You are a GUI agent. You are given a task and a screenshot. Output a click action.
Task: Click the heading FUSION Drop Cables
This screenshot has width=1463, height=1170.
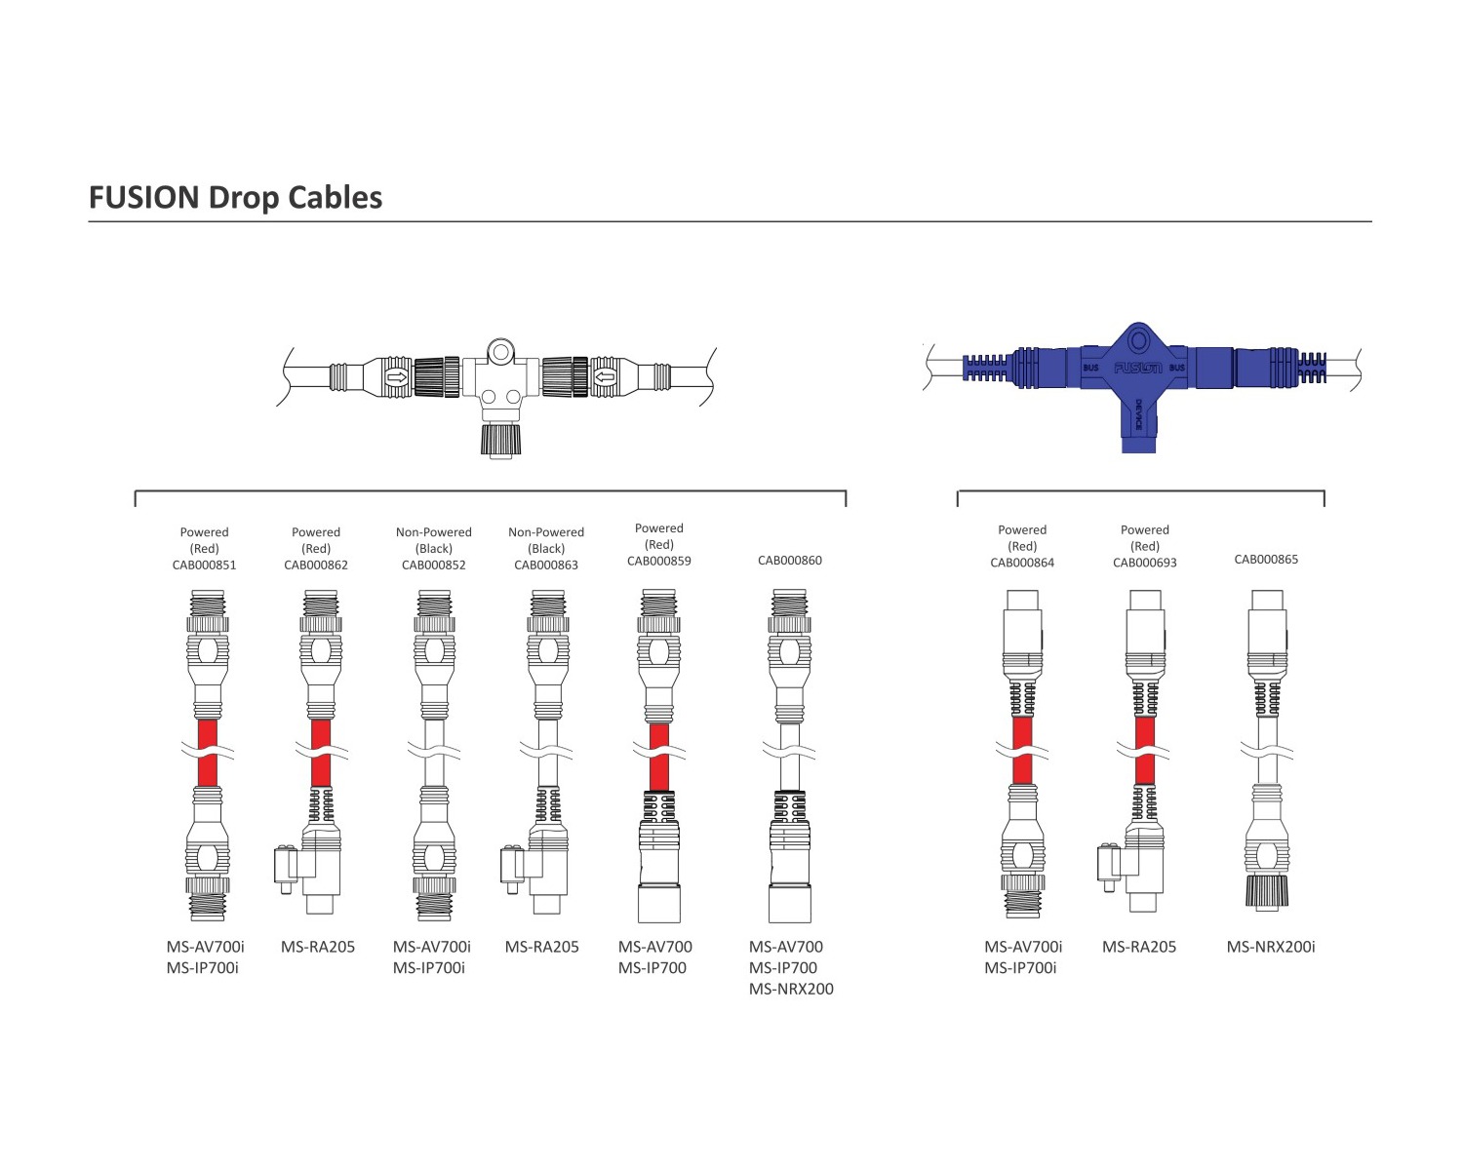(235, 197)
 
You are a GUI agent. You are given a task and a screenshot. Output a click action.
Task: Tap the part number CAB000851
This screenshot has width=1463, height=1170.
(204, 565)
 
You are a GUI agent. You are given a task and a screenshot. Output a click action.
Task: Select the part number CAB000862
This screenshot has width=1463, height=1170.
(315, 565)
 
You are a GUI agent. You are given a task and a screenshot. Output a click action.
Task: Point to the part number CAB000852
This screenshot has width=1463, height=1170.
(434, 565)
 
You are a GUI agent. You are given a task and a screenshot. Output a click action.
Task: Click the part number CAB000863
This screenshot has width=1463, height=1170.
(546, 565)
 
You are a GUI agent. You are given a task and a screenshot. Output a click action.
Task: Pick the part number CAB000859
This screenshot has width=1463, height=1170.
(658, 561)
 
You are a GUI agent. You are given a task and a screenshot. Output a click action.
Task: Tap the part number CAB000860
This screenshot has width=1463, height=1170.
(790, 561)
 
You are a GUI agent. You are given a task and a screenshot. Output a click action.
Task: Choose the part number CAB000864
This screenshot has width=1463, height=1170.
(1022, 563)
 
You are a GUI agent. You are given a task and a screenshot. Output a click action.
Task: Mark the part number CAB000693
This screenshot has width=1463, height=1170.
(1145, 563)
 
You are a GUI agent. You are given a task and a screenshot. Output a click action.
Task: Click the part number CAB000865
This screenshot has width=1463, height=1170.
(1266, 559)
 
